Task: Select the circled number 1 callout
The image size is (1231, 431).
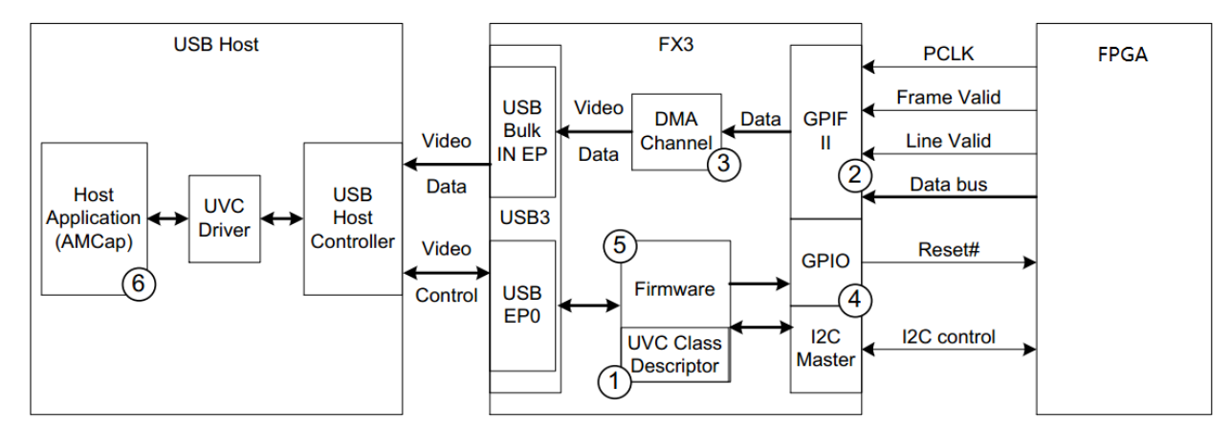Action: click(611, 382)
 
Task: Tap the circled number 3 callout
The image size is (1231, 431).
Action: click(724, 163)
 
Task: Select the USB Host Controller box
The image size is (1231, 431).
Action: click(352, 219)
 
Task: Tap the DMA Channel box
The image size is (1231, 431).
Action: click(677, 131)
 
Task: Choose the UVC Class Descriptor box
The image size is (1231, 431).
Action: click(675, 354)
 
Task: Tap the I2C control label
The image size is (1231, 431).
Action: click(948, 336)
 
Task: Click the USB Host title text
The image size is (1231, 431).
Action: click(217, 44)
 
